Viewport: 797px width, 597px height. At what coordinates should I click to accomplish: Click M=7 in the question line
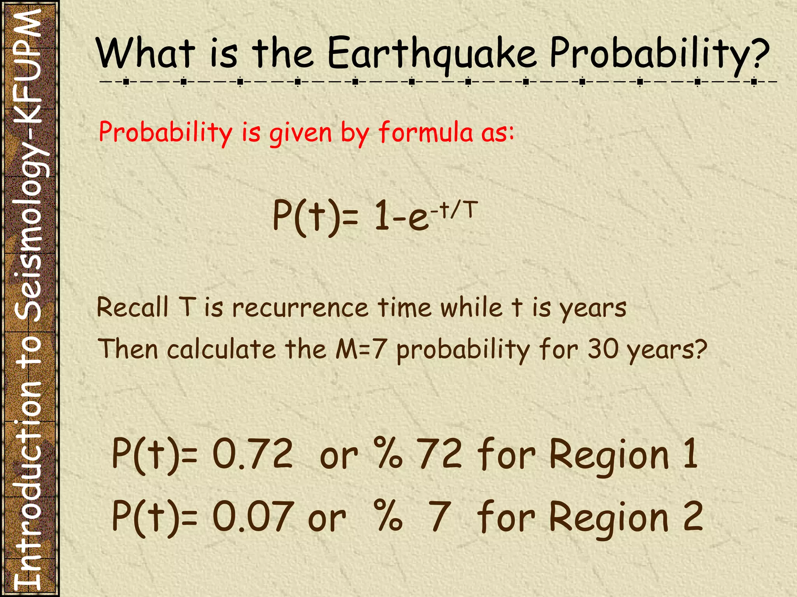pos(360,349)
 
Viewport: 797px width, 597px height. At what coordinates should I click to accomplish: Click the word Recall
pos(133,308)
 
